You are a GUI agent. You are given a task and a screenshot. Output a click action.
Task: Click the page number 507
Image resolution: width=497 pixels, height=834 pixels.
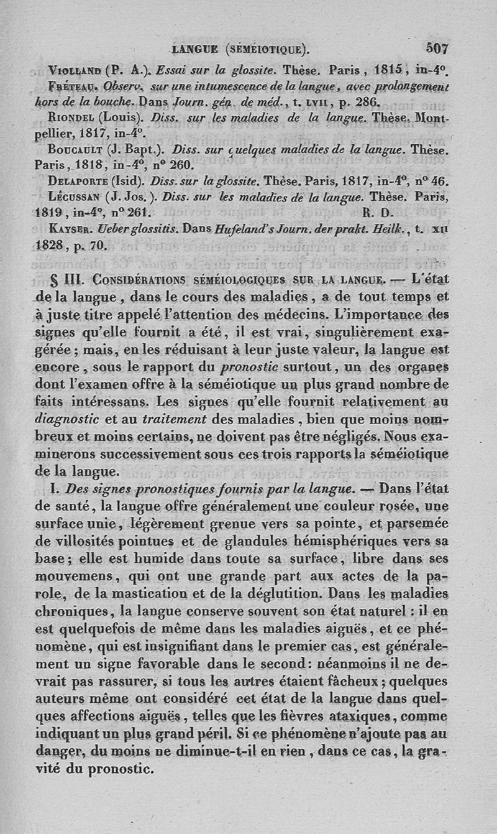[437, 47]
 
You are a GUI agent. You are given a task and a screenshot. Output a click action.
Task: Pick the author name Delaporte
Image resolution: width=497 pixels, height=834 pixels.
[78, 182]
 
